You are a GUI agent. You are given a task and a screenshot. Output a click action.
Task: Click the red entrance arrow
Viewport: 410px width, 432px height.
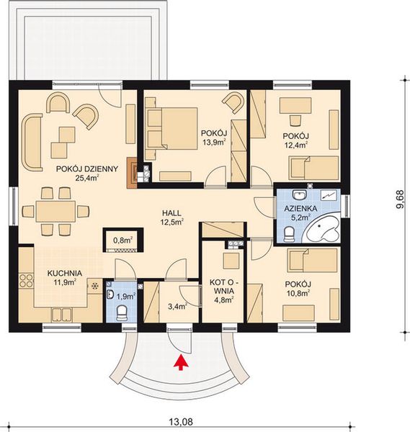coord(181,362)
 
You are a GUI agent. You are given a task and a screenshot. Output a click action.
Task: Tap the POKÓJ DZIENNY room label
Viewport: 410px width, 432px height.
coord(87,169)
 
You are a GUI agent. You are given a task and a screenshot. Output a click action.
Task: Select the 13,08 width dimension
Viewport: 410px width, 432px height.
coord(181,422)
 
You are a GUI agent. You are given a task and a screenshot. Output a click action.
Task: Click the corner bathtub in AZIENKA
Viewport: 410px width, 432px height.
coord(322,229)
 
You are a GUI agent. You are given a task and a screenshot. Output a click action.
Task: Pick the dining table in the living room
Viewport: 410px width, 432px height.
coord(55,211)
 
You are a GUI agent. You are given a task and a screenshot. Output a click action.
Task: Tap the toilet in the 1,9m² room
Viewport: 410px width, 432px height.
coord(122,313)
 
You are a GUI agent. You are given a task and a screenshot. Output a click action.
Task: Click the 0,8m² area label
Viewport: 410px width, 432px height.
coord(123,240)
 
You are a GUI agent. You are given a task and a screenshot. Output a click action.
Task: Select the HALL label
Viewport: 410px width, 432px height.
coord(171,213)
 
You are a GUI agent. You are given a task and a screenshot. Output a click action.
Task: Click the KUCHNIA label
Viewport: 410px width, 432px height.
coord(65,274)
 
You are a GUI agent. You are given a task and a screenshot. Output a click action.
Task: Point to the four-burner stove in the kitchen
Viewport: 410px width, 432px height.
coord(26,281)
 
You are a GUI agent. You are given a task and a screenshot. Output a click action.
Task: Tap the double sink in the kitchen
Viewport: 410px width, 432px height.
coord(62,315)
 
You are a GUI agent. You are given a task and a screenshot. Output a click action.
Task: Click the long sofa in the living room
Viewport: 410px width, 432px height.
coord(32,142)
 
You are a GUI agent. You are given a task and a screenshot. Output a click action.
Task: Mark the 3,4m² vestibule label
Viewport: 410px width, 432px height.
coord(177,306)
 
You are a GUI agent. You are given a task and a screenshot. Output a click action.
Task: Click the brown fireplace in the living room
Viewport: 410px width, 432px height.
coord(132,173)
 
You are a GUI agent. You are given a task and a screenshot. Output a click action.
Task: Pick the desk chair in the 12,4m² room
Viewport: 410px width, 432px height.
coord(295,120)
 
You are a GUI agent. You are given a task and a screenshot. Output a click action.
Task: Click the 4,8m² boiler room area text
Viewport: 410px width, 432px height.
coord(224,300)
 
